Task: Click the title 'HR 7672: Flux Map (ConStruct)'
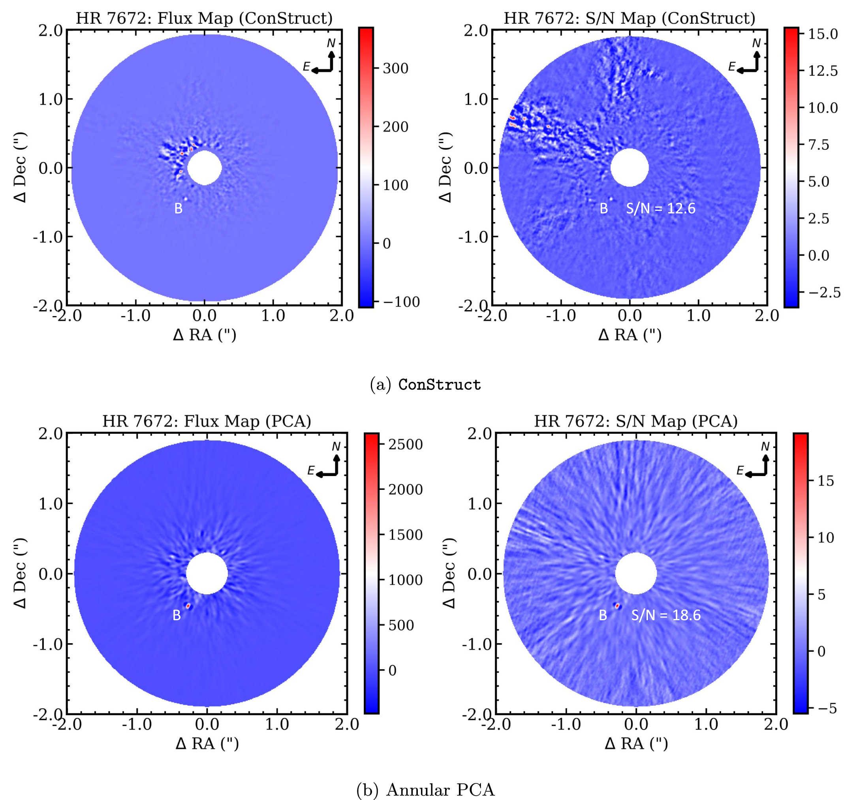(204, 18)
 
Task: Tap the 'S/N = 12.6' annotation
(660, 209)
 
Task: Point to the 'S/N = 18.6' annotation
(665, 615)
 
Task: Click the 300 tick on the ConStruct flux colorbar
(395, 68)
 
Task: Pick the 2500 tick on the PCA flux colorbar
(405, 444)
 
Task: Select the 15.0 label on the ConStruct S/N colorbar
(823, 34)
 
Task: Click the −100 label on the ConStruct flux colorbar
(401, 302)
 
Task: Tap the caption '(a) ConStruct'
(425, 384)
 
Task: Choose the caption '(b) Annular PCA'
(425, 790)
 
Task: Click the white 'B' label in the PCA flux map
(176, 616)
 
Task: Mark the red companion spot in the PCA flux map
(188, 606)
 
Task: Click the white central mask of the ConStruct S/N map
(630, 168)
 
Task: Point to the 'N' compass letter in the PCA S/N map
(765, 446)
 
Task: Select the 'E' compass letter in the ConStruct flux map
(306, 66)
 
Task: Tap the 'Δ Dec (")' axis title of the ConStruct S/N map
(444, 168)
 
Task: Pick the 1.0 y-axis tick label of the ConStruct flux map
(51, 99)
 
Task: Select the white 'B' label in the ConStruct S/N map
(603, 209)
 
